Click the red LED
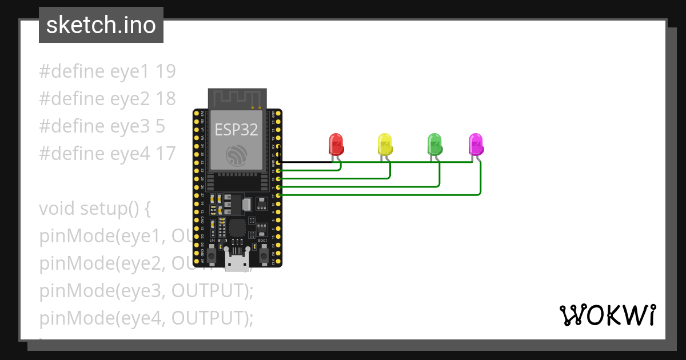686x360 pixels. point(336,143)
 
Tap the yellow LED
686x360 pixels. point(385,143)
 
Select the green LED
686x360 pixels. point(434,143)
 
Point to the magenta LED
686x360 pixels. point(476,144)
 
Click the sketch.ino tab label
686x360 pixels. point(101,25)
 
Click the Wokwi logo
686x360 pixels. point(607,315)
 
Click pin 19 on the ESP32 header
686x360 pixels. point(278,170)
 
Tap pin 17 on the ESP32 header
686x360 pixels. point(278,195)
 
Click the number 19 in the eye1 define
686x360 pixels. point(165,71)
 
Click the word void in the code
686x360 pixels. point(57,209)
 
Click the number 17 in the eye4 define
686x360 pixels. point(165,154)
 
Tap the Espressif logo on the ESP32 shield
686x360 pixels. point(237,155)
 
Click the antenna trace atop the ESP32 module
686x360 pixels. point(237,98)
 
